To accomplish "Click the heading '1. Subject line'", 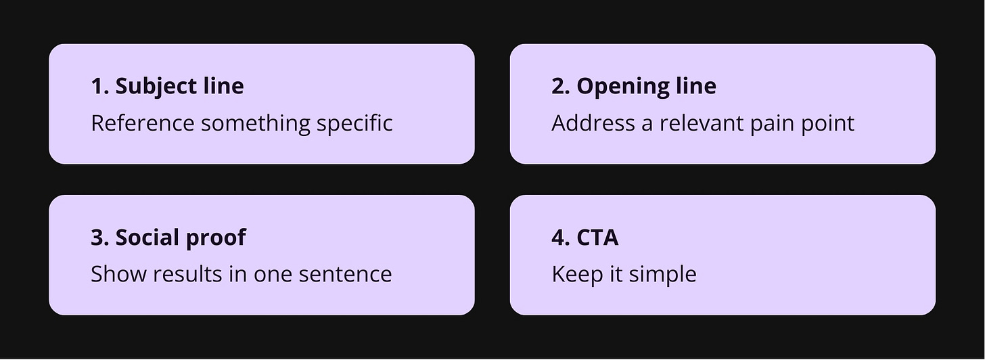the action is (167, 86).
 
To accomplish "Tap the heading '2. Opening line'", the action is (633, 86).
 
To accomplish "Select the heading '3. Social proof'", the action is (168, 238).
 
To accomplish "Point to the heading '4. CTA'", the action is (585, 238).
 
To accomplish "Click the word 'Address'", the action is (584, 123).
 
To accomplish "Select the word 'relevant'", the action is (706, 123).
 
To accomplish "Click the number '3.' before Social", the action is (100, 238).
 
